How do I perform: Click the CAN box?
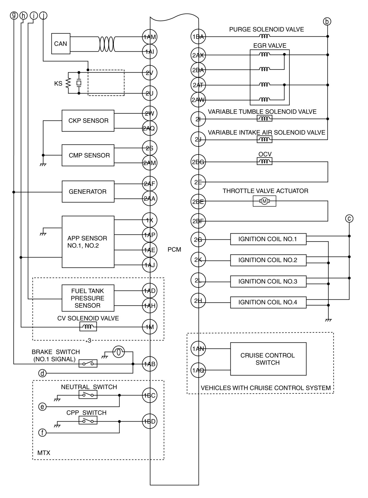[x=60, y=44]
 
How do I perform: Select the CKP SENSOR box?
[x=88, y=121]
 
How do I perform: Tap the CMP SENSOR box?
[x=88, y=155]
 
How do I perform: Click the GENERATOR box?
[x=88, y=192]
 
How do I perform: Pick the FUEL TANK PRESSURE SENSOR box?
[x=88, y=298]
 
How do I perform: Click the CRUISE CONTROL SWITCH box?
[x=268, y=359]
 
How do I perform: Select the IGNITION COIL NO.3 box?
[x=268, y=281]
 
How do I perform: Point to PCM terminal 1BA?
[x=198, y=36]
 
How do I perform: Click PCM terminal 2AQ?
[x=149, y=128]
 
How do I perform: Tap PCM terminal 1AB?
[x=149, y=364]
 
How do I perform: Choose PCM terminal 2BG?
[x=198, y=162]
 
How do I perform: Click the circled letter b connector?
[x=327, y=21]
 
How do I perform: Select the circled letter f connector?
[x=42, y=433]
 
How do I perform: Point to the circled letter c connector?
[x=349, y=218]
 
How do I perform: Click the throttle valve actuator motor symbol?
[x=264, y=201]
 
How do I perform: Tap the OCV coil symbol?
[x=264, y=162]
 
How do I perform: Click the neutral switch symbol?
[x=88, y=395]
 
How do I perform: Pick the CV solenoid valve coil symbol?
[x=88, y=326]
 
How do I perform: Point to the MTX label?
[x=44, y=453]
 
